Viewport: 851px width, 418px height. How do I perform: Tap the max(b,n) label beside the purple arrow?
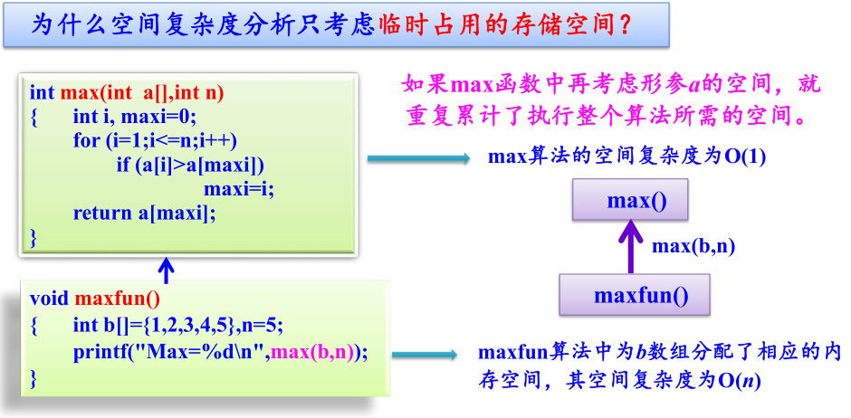click(693, 246)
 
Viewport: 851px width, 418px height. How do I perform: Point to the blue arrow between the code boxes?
click(166, 269)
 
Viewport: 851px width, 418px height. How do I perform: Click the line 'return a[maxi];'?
click(145, 213)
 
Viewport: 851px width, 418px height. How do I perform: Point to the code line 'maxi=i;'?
click(238, 189)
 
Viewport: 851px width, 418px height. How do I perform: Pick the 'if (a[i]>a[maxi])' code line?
click(190, 165)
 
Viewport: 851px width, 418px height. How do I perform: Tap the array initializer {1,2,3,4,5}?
click(191, 325)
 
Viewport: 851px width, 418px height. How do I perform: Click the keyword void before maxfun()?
click(49, 298)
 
